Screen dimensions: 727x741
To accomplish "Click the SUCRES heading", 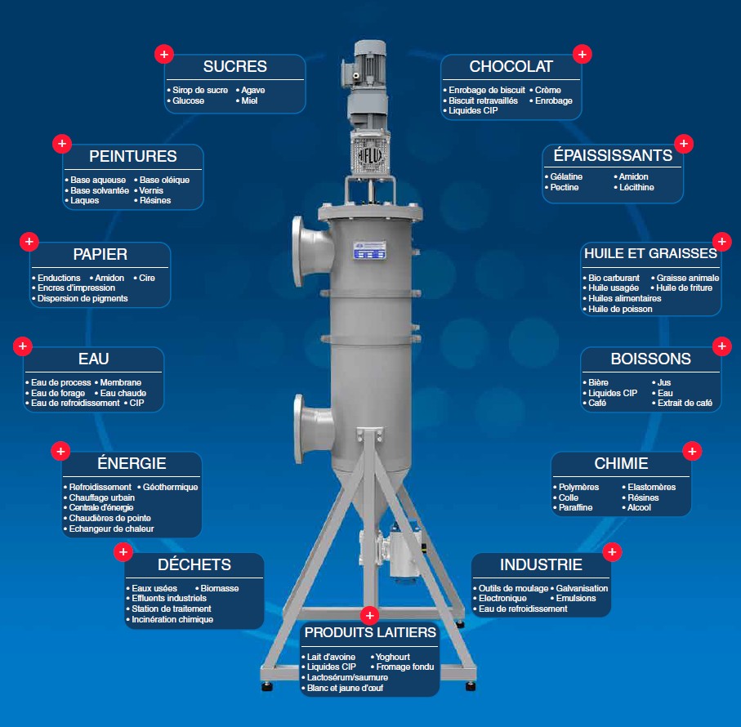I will click(234, 67).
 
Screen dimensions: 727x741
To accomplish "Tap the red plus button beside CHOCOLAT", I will click(582, 54).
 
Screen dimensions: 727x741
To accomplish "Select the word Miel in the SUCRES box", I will click(249, 100).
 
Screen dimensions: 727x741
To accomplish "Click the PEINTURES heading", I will click(132, 156).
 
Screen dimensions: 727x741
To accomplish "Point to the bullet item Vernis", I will click(151, 190).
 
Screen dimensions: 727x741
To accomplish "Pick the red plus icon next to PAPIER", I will click(29, 241).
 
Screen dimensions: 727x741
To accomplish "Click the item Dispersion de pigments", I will click(83, 298).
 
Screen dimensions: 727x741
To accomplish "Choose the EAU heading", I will click(93, 359).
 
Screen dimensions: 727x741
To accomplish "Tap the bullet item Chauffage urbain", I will click(102, 497).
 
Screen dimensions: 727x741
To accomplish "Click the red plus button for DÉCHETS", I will click(122, 552).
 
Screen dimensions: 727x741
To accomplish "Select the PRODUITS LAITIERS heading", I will click(370, 632).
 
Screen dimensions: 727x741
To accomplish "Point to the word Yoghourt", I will click(392, 657).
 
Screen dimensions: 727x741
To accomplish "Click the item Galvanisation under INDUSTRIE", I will click(582, 588).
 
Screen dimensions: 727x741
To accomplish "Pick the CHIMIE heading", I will click(621, 464).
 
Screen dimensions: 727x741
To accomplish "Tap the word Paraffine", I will click(575, 507).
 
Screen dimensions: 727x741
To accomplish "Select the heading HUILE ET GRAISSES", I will click(650, 253).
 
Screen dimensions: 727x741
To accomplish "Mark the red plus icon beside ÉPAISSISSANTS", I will click(684, 144).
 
